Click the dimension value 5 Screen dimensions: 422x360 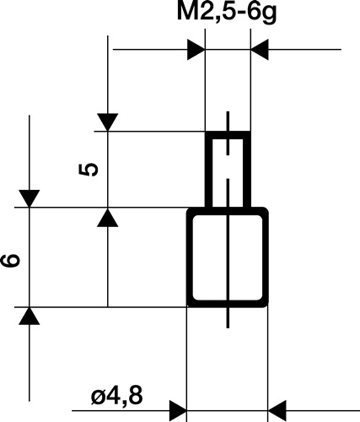pos(88,168)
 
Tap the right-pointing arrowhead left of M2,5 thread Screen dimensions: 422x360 pos(196,50)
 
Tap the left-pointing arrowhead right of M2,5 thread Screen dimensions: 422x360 pos(261,50)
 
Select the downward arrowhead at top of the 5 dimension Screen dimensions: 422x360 pos(107,122)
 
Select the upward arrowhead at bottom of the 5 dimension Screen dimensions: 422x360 pos(107,218)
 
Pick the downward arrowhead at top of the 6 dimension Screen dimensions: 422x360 pos(30,198)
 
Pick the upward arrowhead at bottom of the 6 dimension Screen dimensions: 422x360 pos(30,316)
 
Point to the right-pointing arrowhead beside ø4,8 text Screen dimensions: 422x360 pos(176,412)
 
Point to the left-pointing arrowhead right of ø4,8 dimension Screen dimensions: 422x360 pos(278,412)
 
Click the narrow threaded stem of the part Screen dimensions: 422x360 pos(228,169)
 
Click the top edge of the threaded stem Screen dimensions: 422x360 pos(228,133)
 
